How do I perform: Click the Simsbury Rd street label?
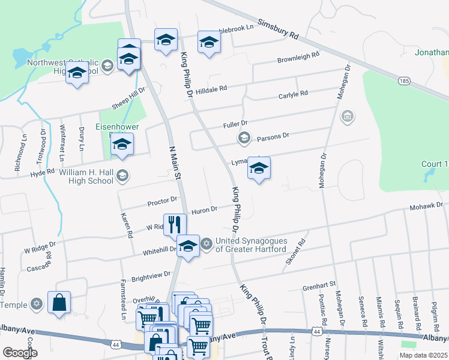(x=278, y=28)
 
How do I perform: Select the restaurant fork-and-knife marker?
(x=173, y=224)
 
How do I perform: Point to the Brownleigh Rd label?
(x=298, y=58)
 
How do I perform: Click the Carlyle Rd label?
(x=293, y=94)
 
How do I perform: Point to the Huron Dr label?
(x=204, y=210)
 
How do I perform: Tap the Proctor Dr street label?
(x=163, y=200)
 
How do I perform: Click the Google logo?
(x=20, y=353)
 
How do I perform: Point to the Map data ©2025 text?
(x=422, y=355)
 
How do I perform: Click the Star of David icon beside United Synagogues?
(x=206, y=244)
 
